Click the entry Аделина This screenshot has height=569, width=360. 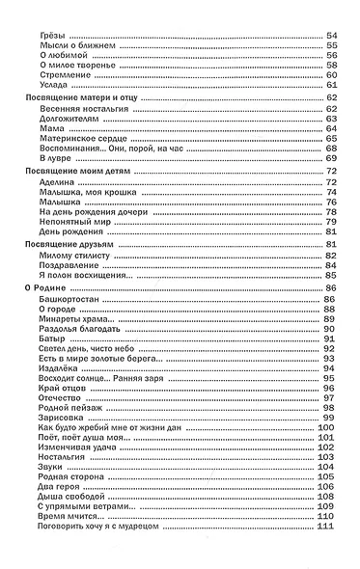[x=49, y=181]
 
